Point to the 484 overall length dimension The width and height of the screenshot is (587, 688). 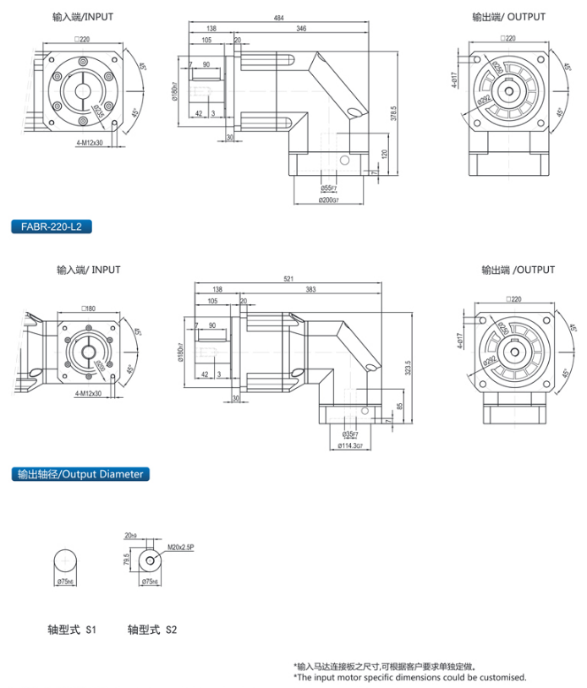(x=278, y=18)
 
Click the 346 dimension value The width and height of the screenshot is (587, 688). (x=302, y=29)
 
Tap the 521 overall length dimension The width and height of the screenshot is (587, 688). (x=288, y=279)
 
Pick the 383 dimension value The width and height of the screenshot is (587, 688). (x=310, y=289)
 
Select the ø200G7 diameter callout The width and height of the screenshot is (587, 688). (x=329, y=200)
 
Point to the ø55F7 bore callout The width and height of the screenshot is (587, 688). (x=328, y=188)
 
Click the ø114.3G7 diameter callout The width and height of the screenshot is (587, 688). (x=350, y=445)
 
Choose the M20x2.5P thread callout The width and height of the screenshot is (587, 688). (x=180, y=548)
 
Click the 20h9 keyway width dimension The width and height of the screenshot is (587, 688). (x=129, y=536)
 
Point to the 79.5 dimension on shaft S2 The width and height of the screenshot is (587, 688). (x=126, y=560)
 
